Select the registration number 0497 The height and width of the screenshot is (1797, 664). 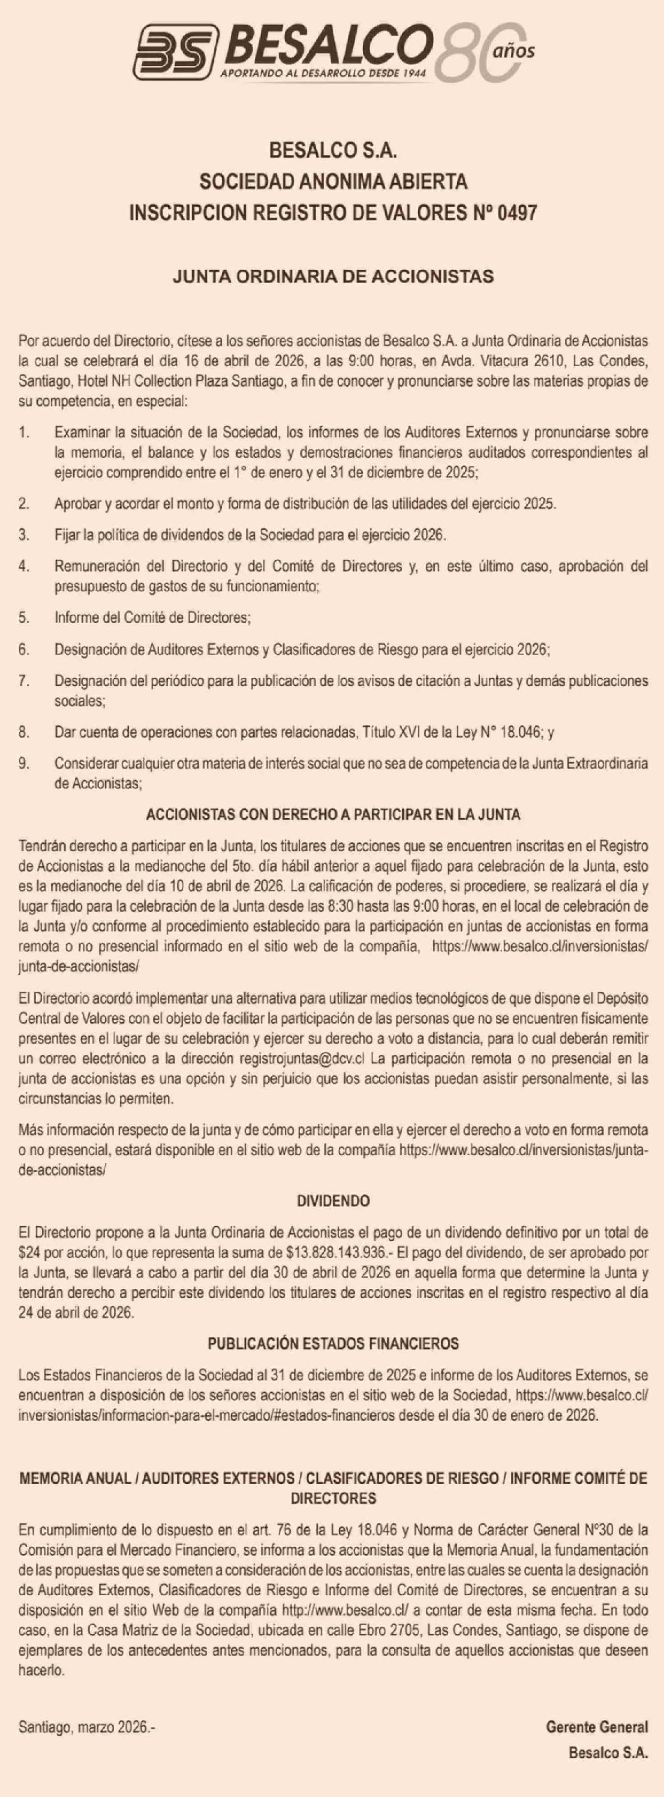pos(518,213)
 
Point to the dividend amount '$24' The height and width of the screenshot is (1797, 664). pos(29,1253)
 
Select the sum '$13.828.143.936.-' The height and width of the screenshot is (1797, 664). pos(337,1253)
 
